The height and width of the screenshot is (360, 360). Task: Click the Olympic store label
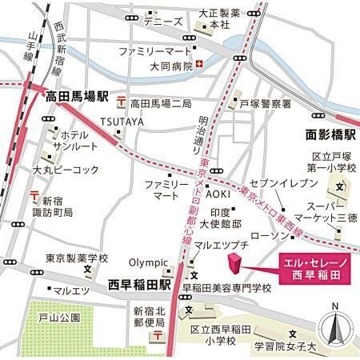coord(150,262)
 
